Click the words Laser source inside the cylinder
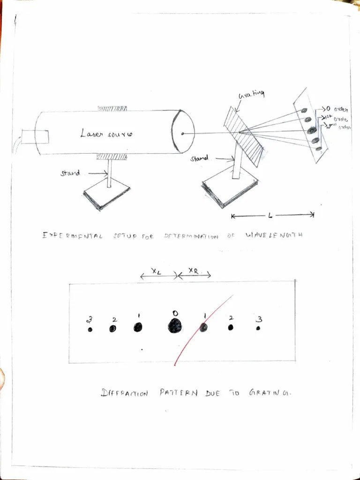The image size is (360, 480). tap(106, 134)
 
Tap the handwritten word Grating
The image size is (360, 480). tap(251, 95)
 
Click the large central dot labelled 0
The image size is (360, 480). tap(175, 325)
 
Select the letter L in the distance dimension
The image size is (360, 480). tap(270, 216)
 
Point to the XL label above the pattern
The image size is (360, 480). tap(157, 271)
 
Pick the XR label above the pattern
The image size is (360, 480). tap(193, 270)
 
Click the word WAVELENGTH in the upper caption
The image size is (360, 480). tap(274, 235)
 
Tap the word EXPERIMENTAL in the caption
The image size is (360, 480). tap(72, 235)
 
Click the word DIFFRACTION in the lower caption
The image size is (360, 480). tap(125, 393)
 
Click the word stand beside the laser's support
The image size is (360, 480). tap(70, 173)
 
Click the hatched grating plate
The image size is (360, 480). tap(243, 135)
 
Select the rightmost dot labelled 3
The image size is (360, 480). tap(258, 329)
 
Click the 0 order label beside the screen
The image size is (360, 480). tap(336, 110)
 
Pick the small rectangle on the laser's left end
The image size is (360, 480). tap(35, 136)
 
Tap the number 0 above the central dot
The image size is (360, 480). tap(175, 313)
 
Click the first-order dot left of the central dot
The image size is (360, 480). tap(138, 327)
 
